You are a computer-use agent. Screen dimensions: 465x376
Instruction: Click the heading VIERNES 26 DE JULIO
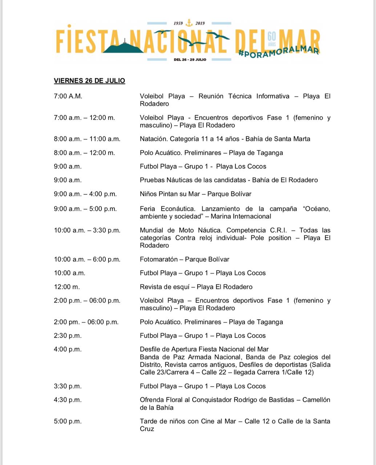tap(89, 81)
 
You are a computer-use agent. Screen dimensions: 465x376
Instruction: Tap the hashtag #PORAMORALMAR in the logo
tap(279, 52)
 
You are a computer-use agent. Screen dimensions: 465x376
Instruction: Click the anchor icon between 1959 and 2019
tap(189, 23)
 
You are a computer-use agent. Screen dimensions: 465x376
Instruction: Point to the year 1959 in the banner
tap(178, 23)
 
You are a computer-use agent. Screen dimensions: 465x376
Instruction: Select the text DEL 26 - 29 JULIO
tap(190, 59)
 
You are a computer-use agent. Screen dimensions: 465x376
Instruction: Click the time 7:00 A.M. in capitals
tap(68, 96)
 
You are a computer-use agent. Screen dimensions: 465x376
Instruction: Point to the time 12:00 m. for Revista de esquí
tap(66, 287)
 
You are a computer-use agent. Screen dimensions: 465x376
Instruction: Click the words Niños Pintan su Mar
tap(168, 194)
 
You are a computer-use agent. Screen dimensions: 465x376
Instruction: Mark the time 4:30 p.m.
tap(68, 400)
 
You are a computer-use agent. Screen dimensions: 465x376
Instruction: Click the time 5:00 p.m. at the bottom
tap(68, 421)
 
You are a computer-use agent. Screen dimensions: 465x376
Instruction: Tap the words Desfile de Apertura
tap(167, 349)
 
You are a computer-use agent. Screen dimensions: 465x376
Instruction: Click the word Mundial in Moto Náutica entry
tap(151, 230)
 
